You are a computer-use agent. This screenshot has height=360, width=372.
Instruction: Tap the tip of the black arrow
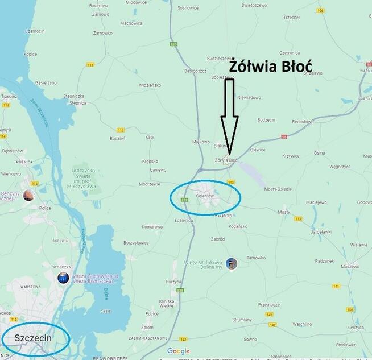tap(229, 155)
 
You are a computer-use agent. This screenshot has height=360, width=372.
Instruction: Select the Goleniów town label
tap(204, 196)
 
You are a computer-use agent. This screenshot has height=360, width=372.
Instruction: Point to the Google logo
tap(178, 351)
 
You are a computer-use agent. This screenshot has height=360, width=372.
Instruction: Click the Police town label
tap(46, 208)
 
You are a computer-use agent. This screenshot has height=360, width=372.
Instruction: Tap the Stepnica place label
tap(78, 103)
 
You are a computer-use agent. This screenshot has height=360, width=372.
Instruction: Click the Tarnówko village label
tap(256, 258)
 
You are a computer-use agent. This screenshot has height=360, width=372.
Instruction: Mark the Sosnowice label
tap(188, 8)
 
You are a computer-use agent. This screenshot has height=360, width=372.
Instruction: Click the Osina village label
tap(320, 153)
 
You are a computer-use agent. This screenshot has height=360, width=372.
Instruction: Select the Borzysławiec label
tap(136, 242)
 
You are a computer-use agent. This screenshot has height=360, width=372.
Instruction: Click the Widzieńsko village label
tap(151, 85)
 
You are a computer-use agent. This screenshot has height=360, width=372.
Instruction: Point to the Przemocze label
tap(268, 304)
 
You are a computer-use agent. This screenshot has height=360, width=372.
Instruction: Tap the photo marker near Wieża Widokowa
tap(231, 264)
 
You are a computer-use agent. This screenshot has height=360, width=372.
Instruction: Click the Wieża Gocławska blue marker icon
tap(63, 278)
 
